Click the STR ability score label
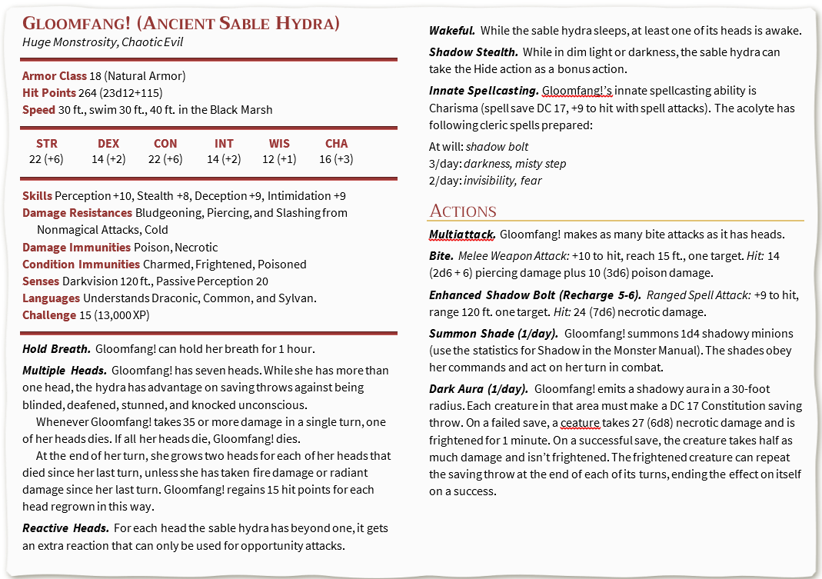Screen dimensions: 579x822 [x=47, y=144]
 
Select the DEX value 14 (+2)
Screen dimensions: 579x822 [x=108, y=159]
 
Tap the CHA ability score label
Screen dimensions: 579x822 [x=336, y=144]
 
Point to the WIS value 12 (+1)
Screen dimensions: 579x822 [x=279, y=159]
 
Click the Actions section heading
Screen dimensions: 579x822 [x=463, y=211]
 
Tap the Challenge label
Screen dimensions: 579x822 [x=49, y=315]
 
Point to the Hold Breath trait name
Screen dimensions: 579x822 [x=56, y=349]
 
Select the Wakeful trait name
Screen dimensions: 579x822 [x=452, y=31]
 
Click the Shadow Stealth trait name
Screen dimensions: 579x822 [x=473, y=52]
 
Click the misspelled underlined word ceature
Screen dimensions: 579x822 [x=579, y=423]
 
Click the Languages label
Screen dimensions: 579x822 [x=51, y=298]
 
